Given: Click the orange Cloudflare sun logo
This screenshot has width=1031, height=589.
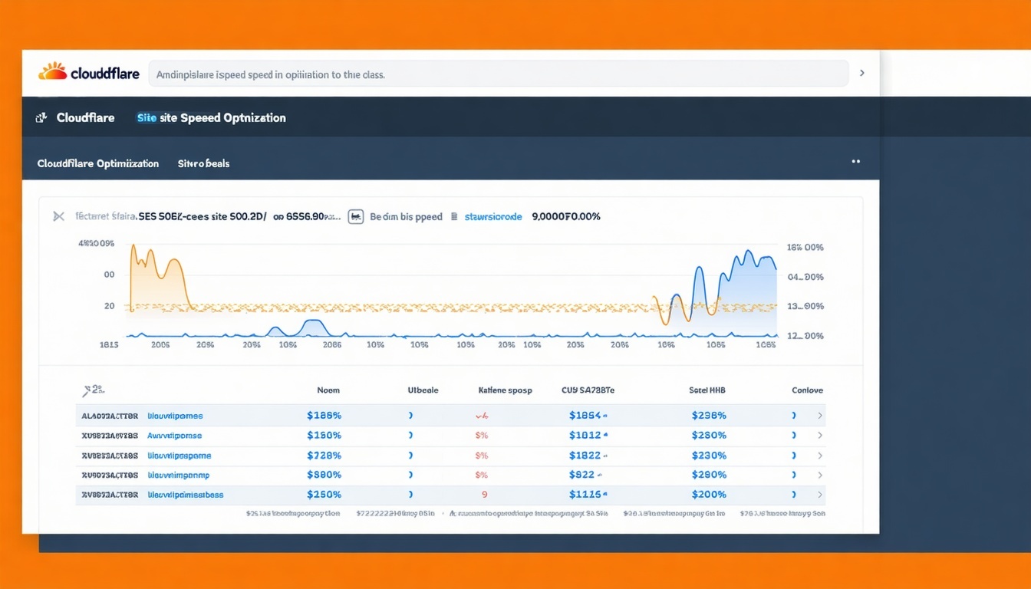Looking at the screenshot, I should pos(53,72).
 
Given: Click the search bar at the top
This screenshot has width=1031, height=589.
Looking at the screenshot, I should pos(498,74).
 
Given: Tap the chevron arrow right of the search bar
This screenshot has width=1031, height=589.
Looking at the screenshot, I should pos(862,73).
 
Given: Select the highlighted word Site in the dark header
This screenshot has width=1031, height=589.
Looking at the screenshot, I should pos(147,118).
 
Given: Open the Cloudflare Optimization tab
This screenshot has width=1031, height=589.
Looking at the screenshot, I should pos(98,163).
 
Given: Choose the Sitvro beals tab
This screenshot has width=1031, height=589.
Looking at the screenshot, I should pos(203,163).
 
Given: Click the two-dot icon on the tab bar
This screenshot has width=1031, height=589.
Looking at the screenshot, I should pos(856,162).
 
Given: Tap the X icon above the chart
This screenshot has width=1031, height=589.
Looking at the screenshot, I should pos(58,216).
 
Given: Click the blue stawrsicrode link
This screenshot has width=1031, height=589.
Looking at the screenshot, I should pos(493,217).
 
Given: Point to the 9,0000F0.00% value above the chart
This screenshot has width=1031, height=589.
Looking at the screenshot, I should pos(566,217).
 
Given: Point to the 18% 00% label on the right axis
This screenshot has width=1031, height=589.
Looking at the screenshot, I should pos(805,248).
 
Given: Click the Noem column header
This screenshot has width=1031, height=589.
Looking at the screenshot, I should pos(328,390).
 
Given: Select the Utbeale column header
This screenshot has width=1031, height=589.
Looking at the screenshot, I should pos(423,390).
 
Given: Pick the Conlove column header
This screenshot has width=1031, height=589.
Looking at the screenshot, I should pos(808,390).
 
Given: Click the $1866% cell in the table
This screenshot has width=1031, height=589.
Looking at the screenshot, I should pos(324,416).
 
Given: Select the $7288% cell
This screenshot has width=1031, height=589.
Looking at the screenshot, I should pos(324,456).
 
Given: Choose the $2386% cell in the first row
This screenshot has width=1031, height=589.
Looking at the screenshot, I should pos(709,416).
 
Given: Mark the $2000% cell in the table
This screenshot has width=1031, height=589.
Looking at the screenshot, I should pos(709,495).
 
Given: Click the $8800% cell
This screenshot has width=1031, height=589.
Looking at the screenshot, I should pos(324,475).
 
